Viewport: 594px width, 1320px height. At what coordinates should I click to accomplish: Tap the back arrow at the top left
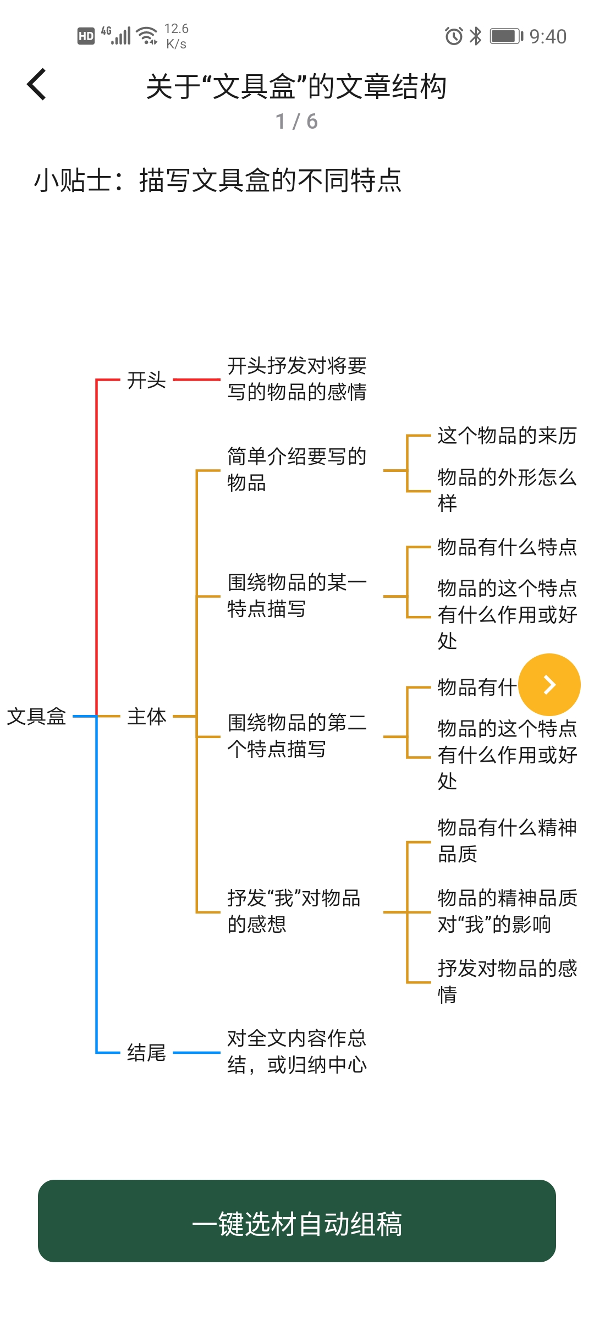click(36, 85)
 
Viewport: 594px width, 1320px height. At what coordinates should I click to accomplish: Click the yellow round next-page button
click(549, 685)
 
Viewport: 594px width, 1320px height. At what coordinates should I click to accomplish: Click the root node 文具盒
click(36, 716)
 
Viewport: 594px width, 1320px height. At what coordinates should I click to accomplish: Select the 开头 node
click(146, 380)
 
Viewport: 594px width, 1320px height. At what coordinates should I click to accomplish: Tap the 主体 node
click(146, 716)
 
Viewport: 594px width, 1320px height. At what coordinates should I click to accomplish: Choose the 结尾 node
click(146, 1053)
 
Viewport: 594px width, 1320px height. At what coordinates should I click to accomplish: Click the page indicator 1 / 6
click(297, 122)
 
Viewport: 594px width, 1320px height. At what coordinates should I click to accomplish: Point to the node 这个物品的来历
click(507, 436)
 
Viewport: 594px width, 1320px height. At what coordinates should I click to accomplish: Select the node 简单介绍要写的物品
click(297, 469)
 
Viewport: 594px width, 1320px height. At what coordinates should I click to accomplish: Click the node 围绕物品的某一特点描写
click(297, 595)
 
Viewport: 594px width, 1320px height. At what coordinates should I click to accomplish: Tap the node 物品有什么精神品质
click(507, 840)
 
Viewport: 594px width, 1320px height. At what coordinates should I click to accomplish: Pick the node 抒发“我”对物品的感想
click(294, 911)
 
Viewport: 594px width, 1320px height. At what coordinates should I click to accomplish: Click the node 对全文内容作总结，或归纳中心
click(297, 1052)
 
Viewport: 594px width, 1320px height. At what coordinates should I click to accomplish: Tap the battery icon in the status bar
click(507, 36)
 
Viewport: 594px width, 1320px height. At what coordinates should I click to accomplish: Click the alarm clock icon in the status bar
click(454, 36)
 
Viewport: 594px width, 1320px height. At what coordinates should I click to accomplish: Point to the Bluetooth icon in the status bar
click(476, 36)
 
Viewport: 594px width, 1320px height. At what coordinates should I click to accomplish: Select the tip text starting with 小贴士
click(218, 180)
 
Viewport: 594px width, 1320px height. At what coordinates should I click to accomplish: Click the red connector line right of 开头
click(196, 380)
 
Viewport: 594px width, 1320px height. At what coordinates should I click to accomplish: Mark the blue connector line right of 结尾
click(196, 1053)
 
